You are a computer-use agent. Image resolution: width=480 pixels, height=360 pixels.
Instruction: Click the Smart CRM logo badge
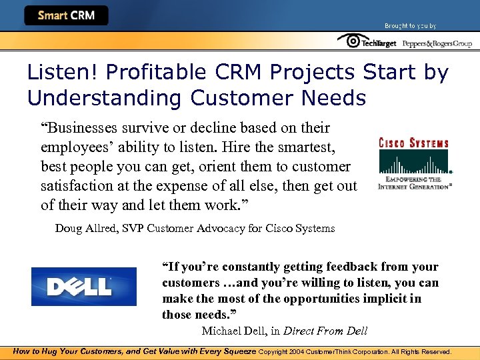[x=66, y=15]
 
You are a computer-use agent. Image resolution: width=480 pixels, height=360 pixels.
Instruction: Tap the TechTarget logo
[x=367, y=42]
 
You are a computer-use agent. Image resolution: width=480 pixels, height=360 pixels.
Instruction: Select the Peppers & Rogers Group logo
[x=437, y=43]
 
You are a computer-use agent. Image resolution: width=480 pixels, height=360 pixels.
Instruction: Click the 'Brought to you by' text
[x=410, y=26]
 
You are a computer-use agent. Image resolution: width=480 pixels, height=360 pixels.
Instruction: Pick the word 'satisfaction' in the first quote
[x=73, y=185]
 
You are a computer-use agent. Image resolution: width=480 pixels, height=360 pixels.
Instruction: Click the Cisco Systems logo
[x=413, y=163]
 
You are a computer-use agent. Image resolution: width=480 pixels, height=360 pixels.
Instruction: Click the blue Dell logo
[x=83, y=286]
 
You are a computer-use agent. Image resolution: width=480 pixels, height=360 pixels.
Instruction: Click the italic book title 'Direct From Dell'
[x=325, y=331]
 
